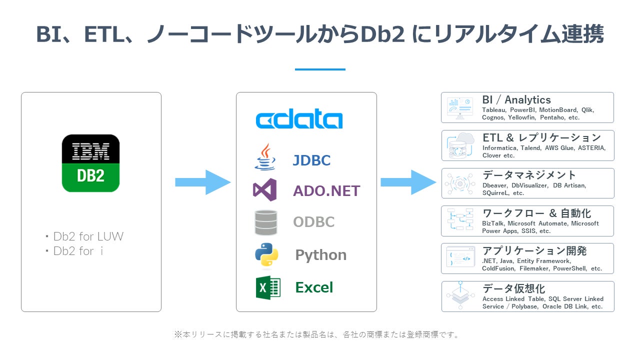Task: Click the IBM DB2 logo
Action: tap(90, 163)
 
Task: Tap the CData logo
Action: tap(299, 118)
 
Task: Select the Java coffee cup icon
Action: tap(265, 157)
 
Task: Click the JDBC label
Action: tap(311, 160)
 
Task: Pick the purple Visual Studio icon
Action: tap(265, 189)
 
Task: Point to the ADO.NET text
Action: tap(326, 191)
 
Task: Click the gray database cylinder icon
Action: tap(265, 222)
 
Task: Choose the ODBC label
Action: tap(313, 221)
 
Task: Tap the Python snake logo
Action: tap(266, 255)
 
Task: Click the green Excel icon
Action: tap(268, 287)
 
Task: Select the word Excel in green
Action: tap(314, 287)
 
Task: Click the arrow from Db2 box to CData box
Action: tap(203, 182)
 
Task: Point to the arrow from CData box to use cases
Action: tap(408, 182)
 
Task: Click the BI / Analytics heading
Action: tap(516, 99)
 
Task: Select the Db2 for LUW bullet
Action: tap(84, 236)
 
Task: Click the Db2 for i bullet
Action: tap(74, 251)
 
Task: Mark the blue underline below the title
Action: tap(320, 69)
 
